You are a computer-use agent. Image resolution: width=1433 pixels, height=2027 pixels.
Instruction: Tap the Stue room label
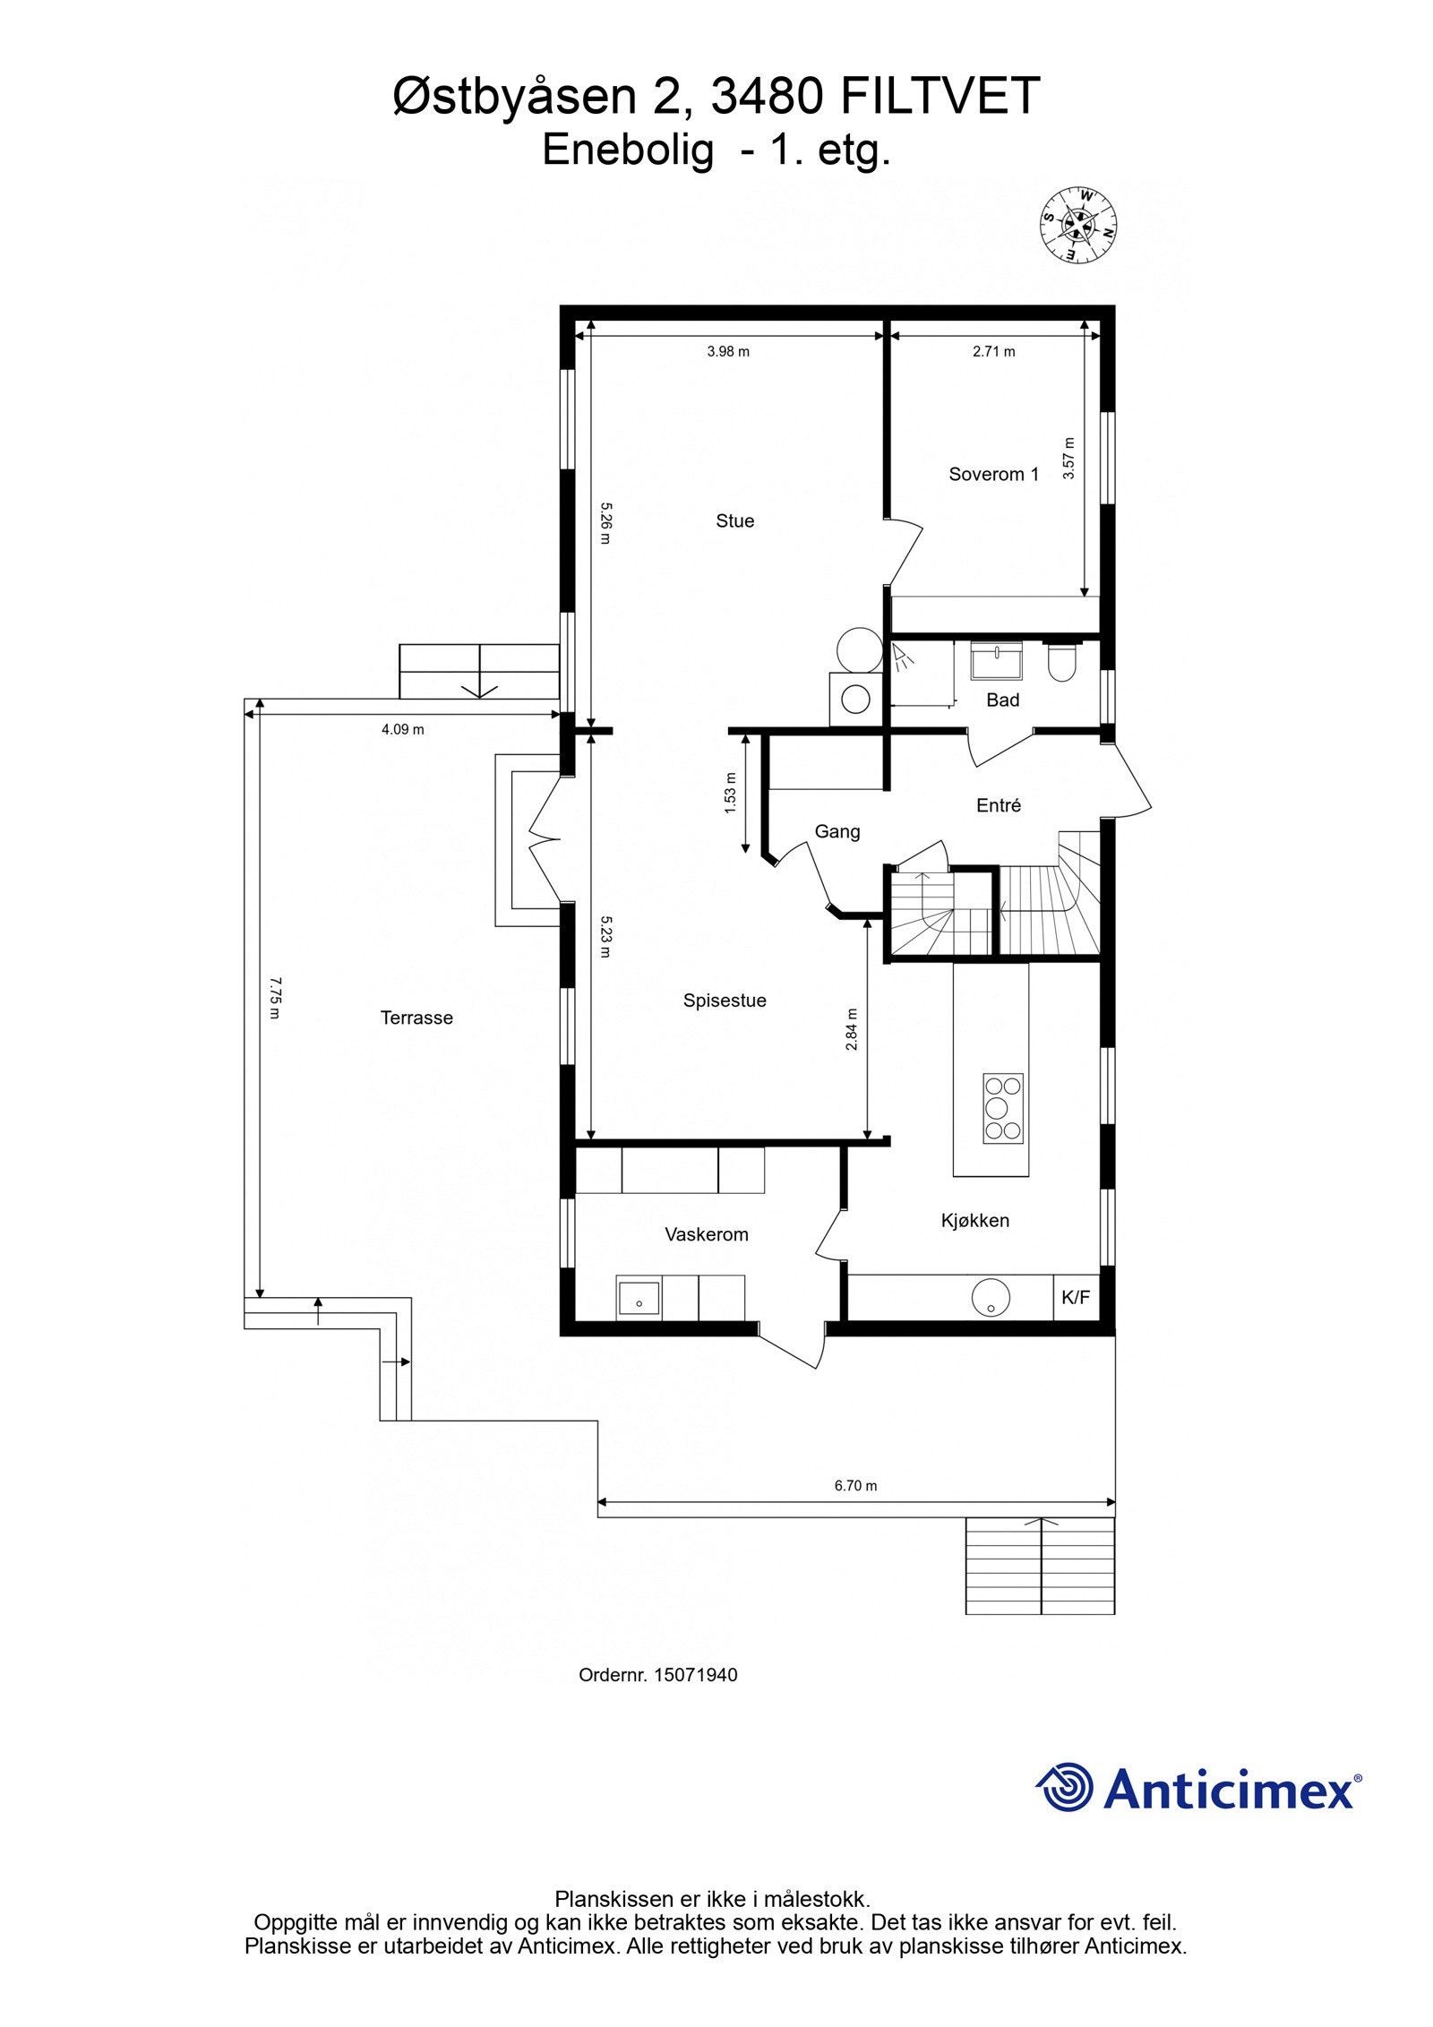click(x=734, y=520)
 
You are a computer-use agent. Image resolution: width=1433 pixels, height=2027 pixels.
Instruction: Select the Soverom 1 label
click(x=993, y=474)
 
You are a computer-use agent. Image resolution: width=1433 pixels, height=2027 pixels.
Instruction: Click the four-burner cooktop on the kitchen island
click(x=1002, y=1107)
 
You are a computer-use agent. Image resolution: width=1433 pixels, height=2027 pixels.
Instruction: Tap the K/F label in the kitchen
click(x=1076, y=1297)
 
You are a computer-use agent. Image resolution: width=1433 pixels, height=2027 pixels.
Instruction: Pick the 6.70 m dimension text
click(x=855, y=1485)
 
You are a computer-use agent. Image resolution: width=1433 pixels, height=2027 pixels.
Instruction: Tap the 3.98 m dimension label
click(x=728, y=352)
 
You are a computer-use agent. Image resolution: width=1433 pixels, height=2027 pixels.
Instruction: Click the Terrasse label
click(x=416, y=1018)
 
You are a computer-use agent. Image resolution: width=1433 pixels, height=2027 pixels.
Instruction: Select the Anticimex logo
click(x=1198, y=1790)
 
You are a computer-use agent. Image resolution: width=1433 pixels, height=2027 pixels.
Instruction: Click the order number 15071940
click(x=695, y=1674)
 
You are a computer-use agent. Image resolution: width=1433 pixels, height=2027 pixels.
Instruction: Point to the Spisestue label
click(x=725, y=1001)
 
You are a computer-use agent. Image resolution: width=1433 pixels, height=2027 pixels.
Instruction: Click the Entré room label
click(x=998, y=805)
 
